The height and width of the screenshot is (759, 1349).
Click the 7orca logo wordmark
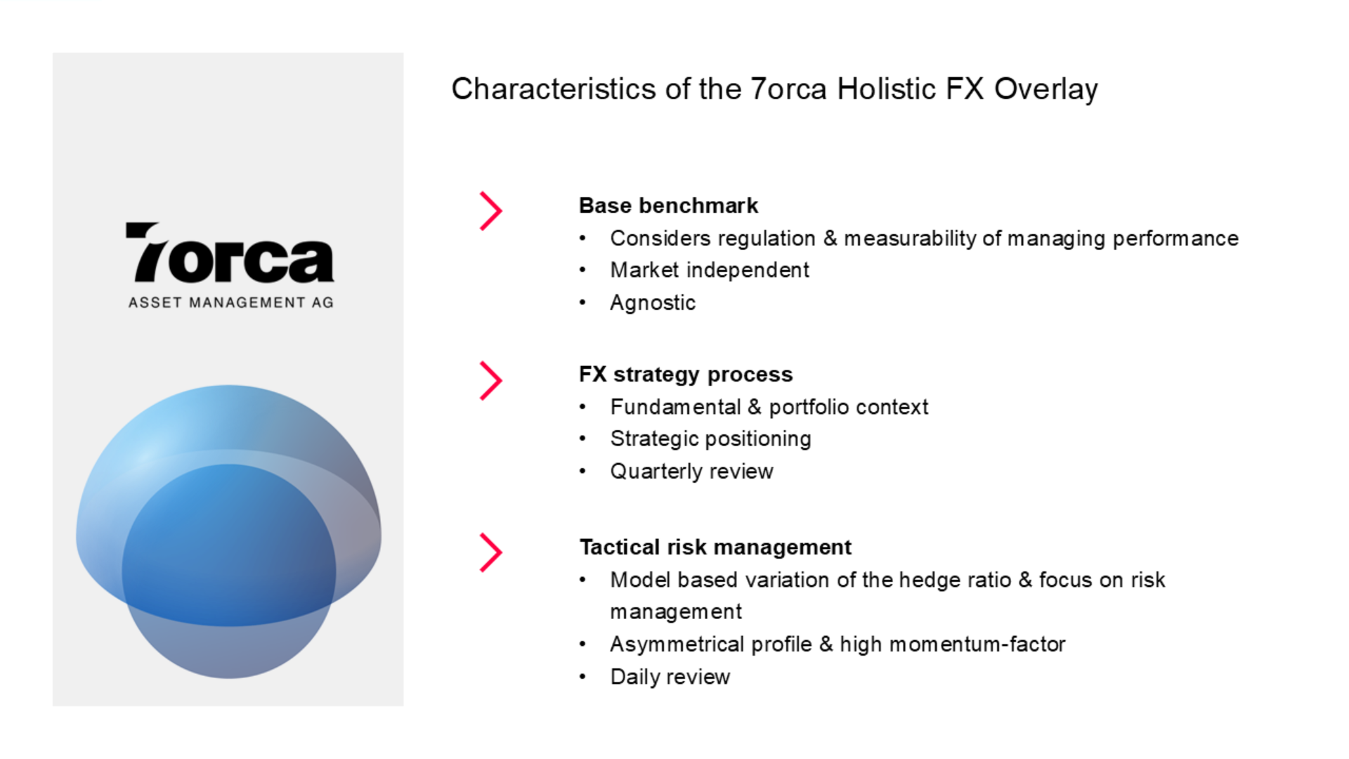click(230, 252)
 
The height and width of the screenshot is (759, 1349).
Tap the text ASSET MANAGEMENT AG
click(231, 303)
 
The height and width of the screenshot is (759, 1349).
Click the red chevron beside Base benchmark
click(491, 211)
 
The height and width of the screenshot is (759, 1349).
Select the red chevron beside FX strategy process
click(491, 381)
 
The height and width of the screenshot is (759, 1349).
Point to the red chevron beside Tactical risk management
click(491, 552)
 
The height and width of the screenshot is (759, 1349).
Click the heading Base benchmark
click(668, 206)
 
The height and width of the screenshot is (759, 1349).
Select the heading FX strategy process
click(686, 375)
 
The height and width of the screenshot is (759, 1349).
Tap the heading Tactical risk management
click(715, 547)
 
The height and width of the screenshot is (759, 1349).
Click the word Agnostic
click(653, 303)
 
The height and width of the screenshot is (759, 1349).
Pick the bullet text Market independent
click(710, 271)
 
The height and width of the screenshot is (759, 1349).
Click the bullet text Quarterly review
click(691, 472)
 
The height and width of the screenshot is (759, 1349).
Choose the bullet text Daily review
click(670, 677)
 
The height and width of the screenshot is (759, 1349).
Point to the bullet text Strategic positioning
click(710, 439)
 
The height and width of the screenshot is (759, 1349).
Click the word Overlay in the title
click(1045, 90)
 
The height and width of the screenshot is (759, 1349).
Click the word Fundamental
click(675, 407)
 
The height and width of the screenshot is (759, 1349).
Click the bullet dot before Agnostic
click(582, 303)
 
